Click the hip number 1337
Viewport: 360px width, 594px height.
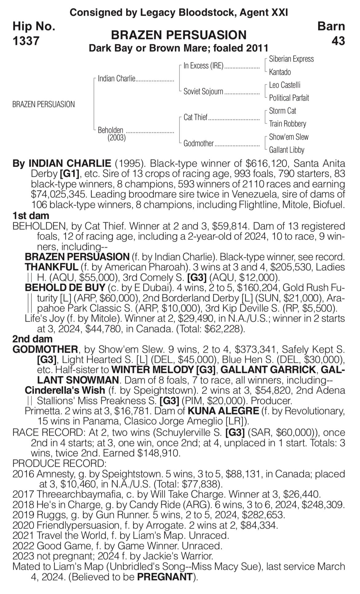tap(26, 40)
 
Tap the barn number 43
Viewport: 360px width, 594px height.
tap(338, 40)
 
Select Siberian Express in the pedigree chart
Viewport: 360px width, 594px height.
tap(291, 59)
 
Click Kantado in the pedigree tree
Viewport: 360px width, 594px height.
tap(280, 72)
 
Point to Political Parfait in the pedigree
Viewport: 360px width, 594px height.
tap(289, 98)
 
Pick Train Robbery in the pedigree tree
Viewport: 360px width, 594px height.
tap(287, 124)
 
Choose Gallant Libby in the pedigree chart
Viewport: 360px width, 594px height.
tap(286, 150)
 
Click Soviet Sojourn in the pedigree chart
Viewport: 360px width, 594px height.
tap(203, 91)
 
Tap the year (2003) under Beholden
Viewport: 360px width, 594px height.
tap(117, 138)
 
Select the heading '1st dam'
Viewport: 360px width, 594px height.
tap(31, 216)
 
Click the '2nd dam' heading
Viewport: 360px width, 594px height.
tap(32, 339)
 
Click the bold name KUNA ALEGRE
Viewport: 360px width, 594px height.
tap(223, 411)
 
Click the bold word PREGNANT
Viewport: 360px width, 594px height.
tap(165, 577)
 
